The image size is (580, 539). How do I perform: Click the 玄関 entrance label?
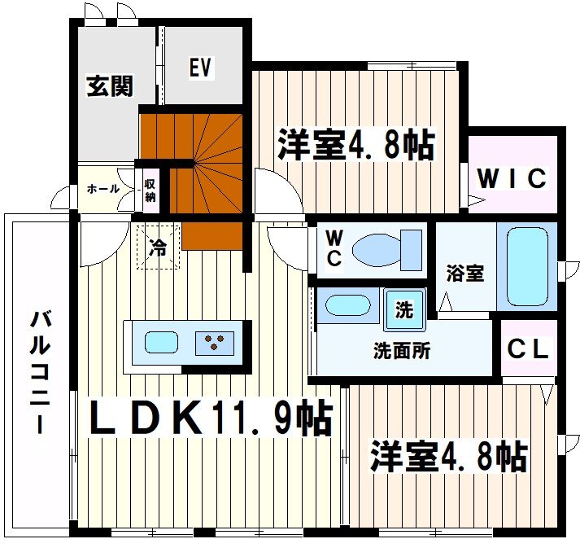click(x=110, y=85)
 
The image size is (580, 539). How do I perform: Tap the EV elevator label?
click(x=201, y=68)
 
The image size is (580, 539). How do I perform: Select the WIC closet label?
click(x=512, y=178)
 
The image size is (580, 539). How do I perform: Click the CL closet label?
click(x=529, y=350)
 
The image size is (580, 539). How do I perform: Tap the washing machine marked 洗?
click(x=403, y=309)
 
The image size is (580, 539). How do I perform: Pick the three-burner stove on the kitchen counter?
click(x=216, y=344)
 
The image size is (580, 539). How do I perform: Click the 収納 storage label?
click(x=150, y=190)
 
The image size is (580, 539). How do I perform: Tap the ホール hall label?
click(x=102, y=190)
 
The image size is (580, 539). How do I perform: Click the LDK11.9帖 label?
click(x=209, y=419)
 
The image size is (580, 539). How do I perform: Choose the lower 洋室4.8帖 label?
click(x=448, y=457)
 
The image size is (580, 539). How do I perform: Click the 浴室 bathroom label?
click(x=464, y=274)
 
